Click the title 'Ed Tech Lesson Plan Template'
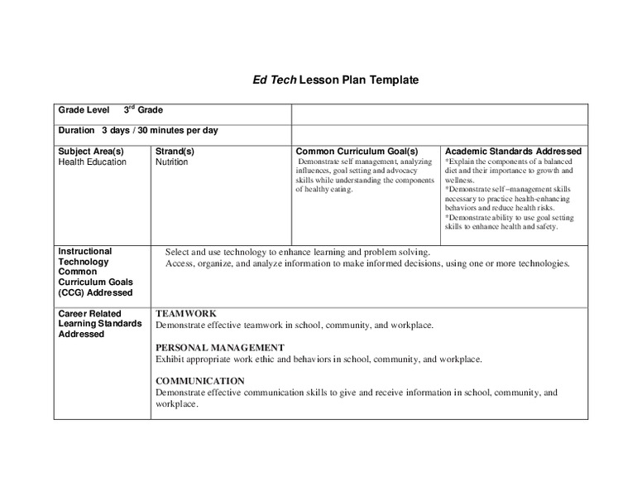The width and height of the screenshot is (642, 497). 335,80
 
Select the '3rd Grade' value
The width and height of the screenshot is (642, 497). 143,109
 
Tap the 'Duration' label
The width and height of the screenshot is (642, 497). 76,130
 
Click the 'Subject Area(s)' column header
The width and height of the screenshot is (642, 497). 90,152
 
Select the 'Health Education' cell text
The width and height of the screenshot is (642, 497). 92,162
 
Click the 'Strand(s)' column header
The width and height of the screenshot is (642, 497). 175,152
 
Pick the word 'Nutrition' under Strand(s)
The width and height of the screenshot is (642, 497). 171,162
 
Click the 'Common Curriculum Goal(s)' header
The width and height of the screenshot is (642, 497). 357,152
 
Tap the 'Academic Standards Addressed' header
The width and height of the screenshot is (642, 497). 513,152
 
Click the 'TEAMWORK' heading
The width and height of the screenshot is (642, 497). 186,314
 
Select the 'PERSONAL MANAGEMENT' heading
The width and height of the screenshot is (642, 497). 220,348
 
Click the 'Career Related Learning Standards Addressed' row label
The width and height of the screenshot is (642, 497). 94,324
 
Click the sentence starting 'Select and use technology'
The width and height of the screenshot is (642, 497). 298,252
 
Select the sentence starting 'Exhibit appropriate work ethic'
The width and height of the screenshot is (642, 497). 319,359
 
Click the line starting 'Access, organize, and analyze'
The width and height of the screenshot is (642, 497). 367,263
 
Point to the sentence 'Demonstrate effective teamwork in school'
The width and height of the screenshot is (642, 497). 295,326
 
